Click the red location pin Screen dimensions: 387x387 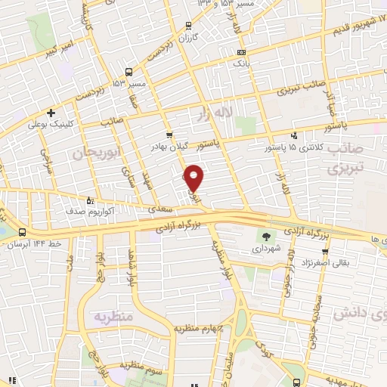[x=195, y=178]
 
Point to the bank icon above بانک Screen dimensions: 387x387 [x=241, y=52]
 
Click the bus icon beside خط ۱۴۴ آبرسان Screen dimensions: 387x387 [x=22, y=233]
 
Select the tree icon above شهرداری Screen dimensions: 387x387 [x=266, y=236]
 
